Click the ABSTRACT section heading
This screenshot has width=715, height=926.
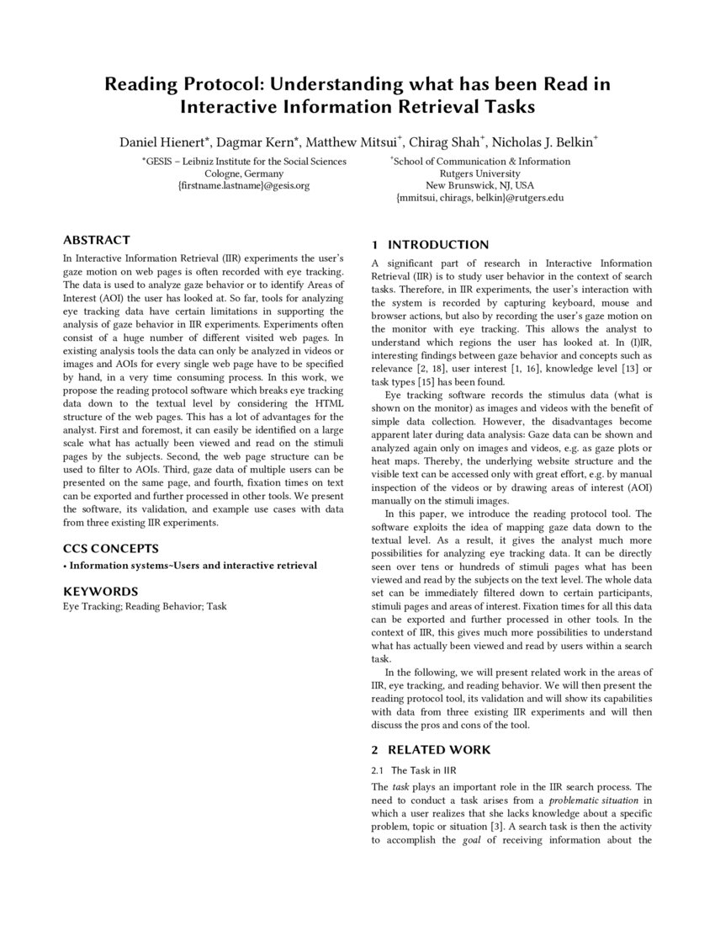[x=97, y=240]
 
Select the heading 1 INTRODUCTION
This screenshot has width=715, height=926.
[x=430, y=245]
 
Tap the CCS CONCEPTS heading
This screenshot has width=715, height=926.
[x=111, y=549]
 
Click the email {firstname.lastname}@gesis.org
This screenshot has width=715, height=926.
[x=244, y=185]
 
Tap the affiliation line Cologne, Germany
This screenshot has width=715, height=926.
[x=244, y=173]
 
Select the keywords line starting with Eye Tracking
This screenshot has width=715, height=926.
[x=145, y=606]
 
